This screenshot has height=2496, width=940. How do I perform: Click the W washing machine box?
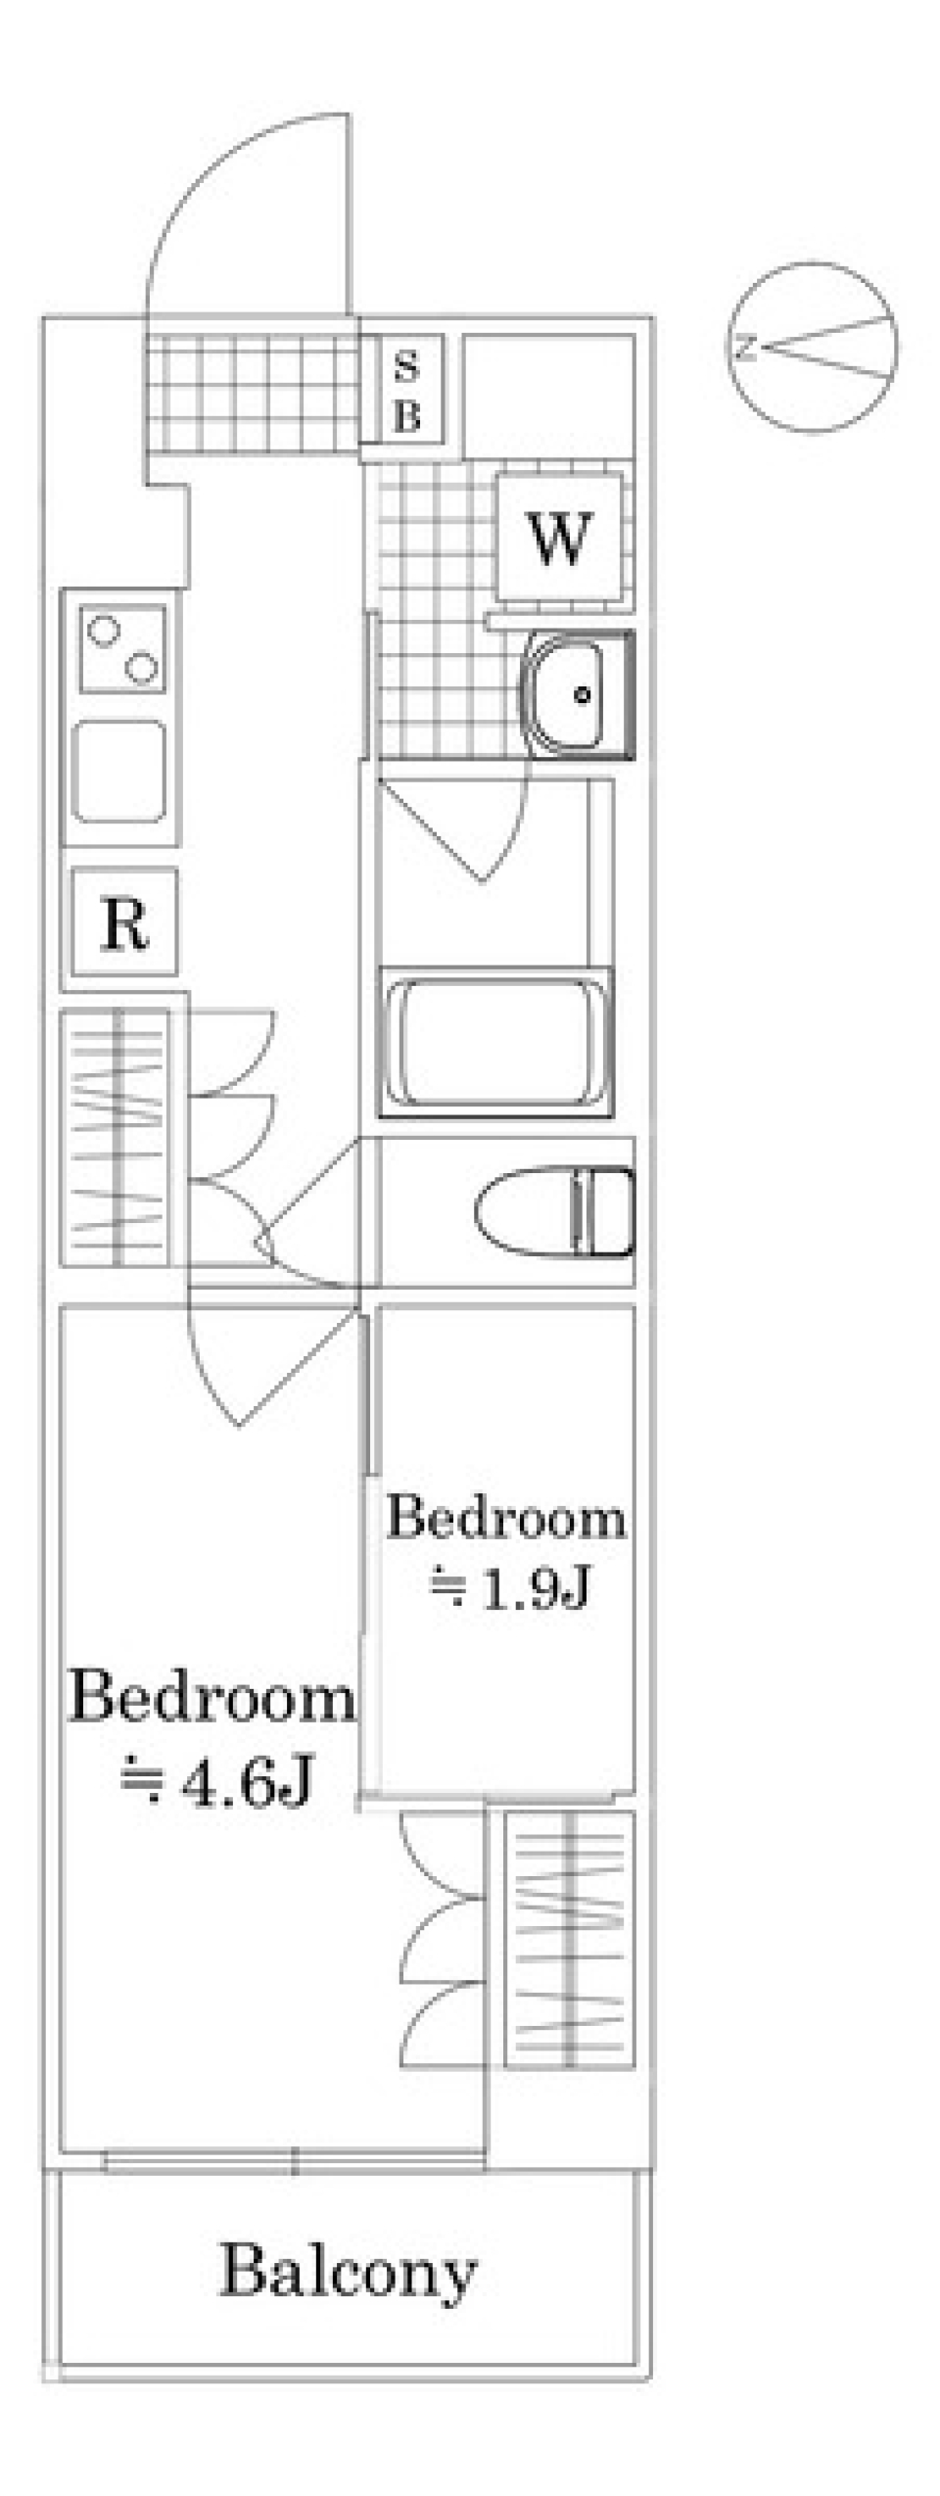(x=559, y=537)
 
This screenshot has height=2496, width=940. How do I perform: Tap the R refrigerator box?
(x=124, y=921)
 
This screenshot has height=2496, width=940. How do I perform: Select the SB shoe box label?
(x=406, y=392)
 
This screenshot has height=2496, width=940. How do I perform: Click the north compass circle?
(x=813, y=347)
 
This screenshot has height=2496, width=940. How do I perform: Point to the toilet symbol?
(x=554, y=1211)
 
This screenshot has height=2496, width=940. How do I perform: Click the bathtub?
(x=495, y=1042)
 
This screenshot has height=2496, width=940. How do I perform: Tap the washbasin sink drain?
(x=584, y=695)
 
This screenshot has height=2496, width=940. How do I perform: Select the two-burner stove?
(x=122, y=649)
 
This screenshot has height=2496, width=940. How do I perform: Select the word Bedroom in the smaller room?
(x=505, y=1519)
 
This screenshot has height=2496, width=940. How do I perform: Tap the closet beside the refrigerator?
(x=116, y=1137)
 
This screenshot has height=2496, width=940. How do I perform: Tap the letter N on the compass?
(x=747, y=347)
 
